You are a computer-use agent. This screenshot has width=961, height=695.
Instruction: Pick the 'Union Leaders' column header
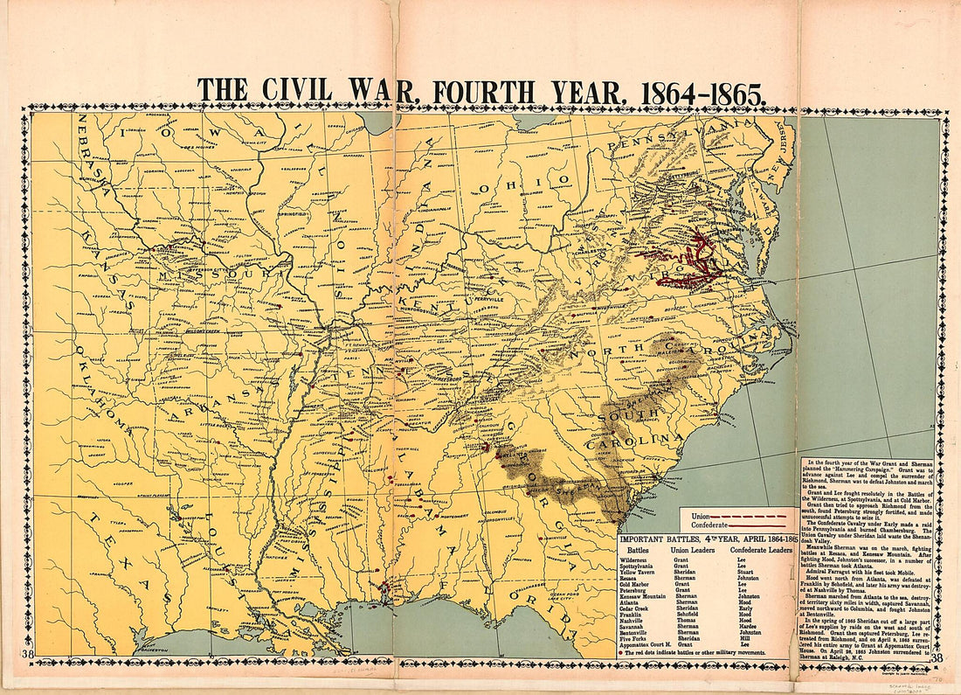click(694, 551)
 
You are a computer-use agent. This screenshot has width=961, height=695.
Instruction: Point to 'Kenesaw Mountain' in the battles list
click(645, 595)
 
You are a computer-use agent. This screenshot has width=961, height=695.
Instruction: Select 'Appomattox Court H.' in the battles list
click(648, 645)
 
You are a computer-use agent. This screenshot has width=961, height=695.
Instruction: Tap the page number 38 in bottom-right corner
click(937, 658)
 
